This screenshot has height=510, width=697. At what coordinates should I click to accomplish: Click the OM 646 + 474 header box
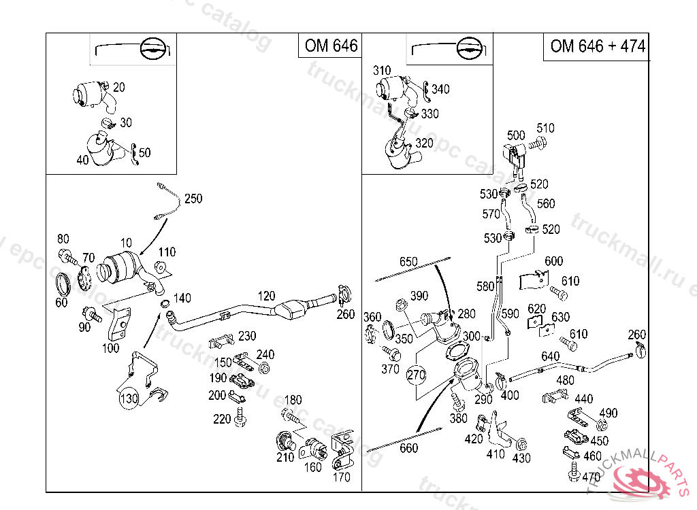click(x=597, y=46)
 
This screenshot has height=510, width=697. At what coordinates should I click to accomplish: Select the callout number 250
click(x=193, y=199)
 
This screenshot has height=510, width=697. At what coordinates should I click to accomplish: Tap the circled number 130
click(x=129, y=398)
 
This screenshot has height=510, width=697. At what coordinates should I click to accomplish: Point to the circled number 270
click(x=417, y=374)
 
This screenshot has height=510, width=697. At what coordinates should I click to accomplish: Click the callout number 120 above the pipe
click(x=266, y=296)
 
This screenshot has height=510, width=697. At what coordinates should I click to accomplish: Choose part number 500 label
click(x=517, y=135)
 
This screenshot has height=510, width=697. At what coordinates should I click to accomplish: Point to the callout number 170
click(x=342, y=477)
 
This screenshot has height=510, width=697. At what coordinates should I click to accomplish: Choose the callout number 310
click(x=382, y=70)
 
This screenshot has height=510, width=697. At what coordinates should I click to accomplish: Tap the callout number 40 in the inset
click(x=82, y=160)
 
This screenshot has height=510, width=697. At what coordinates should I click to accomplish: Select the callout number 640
click(x=550, y=356)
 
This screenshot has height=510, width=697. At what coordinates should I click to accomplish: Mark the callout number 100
click(x=110, y=349)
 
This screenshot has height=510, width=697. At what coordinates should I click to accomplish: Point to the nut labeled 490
click(x=601, y=426)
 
